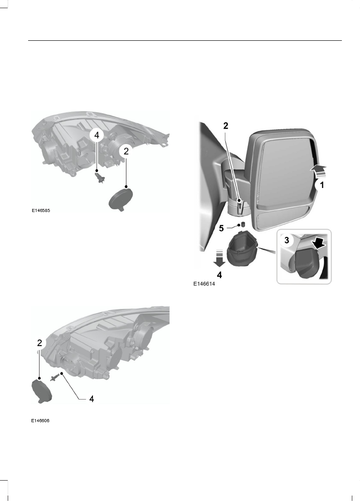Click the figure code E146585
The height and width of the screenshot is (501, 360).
(x=41, y=211)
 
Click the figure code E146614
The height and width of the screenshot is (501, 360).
(x=204, y=284)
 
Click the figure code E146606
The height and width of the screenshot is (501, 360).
(x=40, y=421)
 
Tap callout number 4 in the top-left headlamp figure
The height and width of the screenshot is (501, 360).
(x=96, y=135)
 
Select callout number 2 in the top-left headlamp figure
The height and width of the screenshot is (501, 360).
(x=126, y=152)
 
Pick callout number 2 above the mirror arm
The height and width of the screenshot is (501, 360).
(x=226, y=127)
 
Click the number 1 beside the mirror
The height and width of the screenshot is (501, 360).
(x=321, y=185)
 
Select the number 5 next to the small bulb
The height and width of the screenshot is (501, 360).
(x=221, y=228)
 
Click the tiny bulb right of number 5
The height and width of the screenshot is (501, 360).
(x=241, y=225)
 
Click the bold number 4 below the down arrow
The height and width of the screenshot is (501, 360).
(x=220, y=275)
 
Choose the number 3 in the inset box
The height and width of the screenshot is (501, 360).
(x=286, y=241)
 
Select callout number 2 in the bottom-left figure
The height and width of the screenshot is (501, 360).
(x=40, y=343)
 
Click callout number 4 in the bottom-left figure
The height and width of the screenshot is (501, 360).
(x=91, y=399)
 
